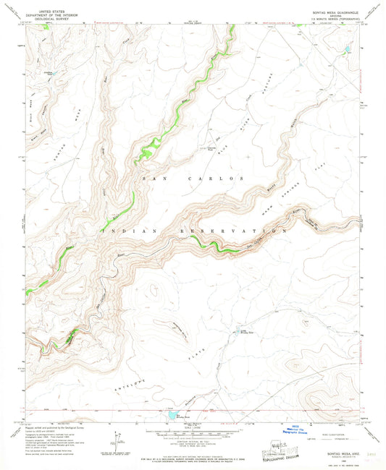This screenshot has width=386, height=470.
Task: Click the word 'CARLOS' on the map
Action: point(217,178)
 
